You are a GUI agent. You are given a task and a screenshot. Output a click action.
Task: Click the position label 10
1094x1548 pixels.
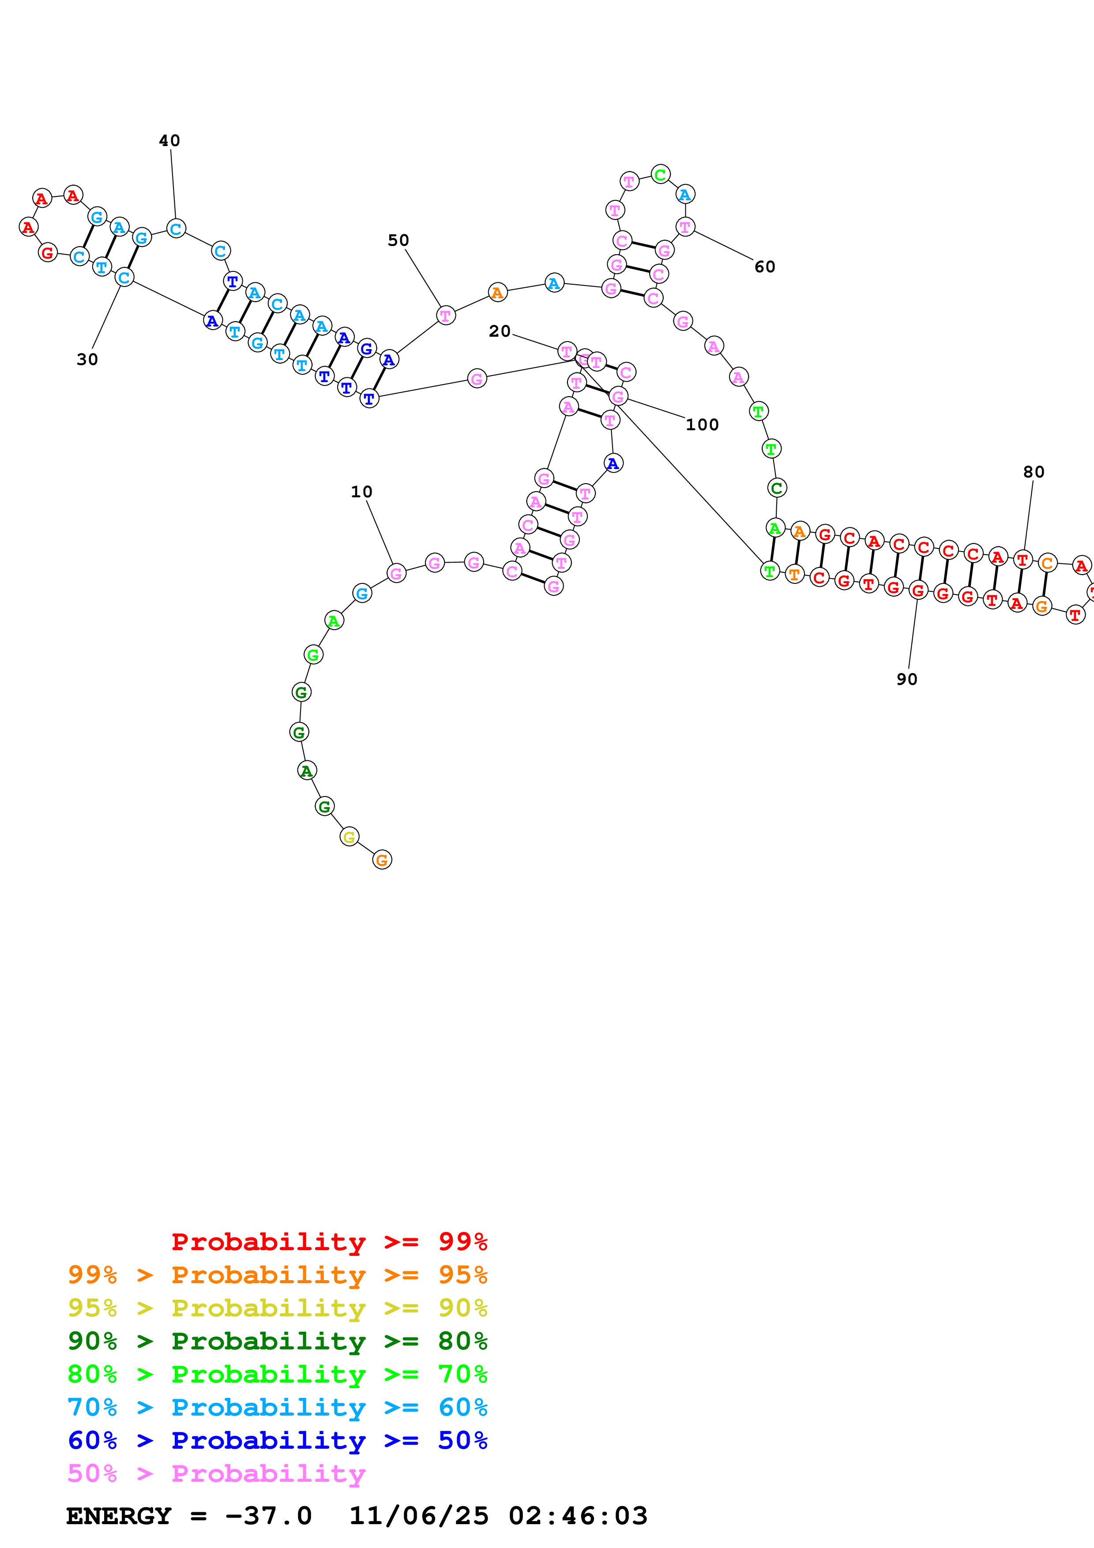point(361,492)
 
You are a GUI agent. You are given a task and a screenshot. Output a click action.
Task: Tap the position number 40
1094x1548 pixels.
point(169,140)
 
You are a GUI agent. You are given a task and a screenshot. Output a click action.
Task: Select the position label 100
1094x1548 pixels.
point(702,425)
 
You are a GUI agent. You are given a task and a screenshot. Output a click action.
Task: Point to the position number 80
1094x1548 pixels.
point(1034,472)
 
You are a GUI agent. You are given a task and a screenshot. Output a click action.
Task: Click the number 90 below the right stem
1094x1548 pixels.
point(906,680)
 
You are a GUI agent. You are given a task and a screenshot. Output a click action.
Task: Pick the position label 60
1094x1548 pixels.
point(764,267)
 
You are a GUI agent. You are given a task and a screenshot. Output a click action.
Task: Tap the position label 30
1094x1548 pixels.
point(87,359)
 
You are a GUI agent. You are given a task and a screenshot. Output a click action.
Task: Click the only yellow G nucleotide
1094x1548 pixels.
point(349,838)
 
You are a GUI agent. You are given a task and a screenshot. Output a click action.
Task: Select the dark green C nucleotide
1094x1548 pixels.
point(777,488)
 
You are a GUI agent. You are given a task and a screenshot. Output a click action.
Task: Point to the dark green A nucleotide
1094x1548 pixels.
point(307,770)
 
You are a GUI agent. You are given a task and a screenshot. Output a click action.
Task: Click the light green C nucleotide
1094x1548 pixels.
point(661,175)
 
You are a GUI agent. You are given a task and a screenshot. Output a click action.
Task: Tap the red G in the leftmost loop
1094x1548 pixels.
point(47,253)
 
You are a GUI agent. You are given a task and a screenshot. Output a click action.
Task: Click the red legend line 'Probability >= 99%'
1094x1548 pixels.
point(329,1241)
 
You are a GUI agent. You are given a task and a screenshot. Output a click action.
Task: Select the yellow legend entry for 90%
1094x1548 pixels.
point(277,1308)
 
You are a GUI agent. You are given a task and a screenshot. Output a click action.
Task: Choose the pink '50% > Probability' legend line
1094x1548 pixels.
point(216,1474)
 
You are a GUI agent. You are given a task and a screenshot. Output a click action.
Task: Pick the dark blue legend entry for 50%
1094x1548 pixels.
point(277,1440)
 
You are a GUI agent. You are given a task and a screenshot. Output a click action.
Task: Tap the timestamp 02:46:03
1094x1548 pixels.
point(578,1516)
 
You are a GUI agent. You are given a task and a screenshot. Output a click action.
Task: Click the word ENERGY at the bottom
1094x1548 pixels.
point(119,1516)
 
